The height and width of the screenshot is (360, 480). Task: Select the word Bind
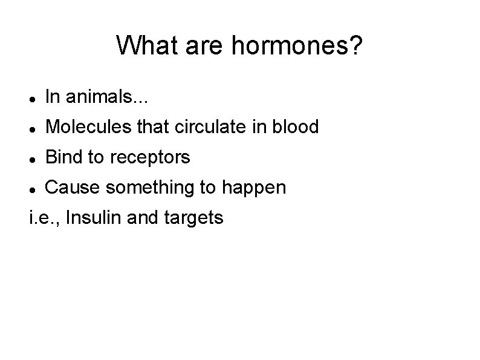64,157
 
